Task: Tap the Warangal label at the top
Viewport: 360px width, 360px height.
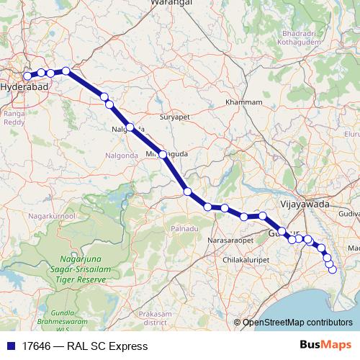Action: tap(171, 4)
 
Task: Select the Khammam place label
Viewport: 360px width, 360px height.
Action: tap(243, 102)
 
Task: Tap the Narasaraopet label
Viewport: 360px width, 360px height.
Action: tap(230, 238)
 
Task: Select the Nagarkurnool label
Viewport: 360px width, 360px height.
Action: tap(52, 215)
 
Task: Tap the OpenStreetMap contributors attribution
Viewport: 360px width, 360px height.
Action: tap(297, 323)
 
